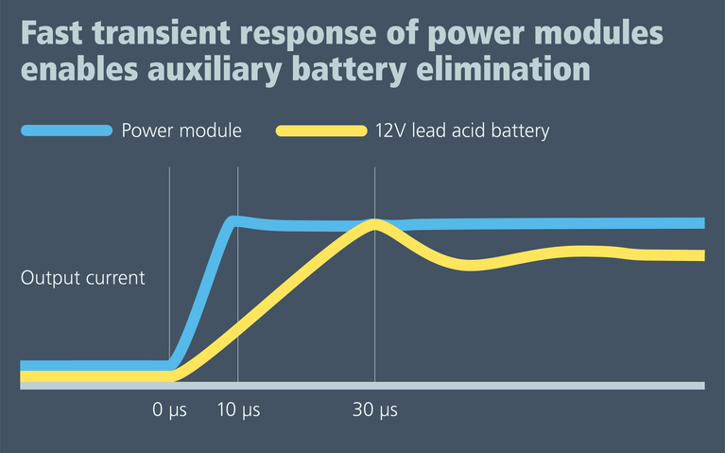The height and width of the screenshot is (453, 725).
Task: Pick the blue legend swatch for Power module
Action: (65, 131)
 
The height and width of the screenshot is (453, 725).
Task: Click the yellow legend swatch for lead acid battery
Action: (320, 131)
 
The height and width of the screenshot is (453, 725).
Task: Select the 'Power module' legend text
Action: (181, 131)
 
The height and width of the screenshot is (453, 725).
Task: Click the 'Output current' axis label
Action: (83, 278)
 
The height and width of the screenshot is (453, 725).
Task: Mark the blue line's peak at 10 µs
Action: (235, 220)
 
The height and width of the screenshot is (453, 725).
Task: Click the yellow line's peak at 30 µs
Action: (375, 224)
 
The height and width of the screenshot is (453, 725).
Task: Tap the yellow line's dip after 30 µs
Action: (470, 265)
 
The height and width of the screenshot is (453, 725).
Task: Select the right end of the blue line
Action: (701, 222)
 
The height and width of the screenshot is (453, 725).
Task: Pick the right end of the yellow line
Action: (701, 255)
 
